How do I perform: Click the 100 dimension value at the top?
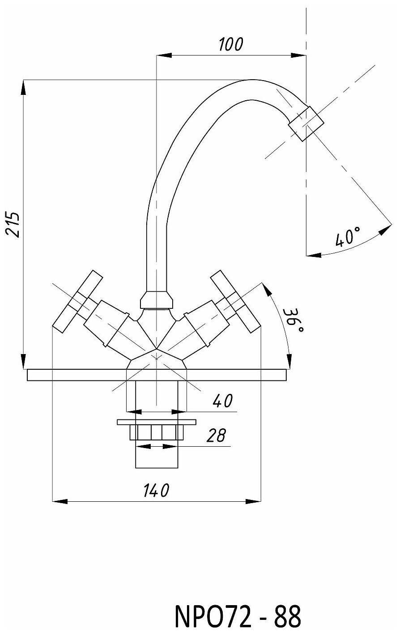click(x=231, y=44)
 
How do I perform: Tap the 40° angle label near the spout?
click(x=348, y=236)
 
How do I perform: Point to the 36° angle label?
click(x=293, y=320)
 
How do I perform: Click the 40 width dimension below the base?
click(x=223, y=401)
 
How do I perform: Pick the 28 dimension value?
click(x=216, y=436)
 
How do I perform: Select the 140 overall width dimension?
click(x=156, y=491)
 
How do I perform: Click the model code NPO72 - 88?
click(x=238, y=615)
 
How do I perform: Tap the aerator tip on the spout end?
click(x=306, y=124)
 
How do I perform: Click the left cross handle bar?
click(x=77, y=301)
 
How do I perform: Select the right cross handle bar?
click(x=235, y=301)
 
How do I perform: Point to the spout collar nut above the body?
click(x=156, y=300)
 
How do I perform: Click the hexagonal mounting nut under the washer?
click(x=157, y=432)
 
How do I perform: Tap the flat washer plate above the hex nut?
click(x=157, y=422)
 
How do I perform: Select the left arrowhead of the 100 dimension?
click(x=164, y=56)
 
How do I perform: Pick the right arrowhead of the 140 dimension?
click(x=253, y=501)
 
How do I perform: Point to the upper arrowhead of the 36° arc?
click(x=266, y=289)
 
